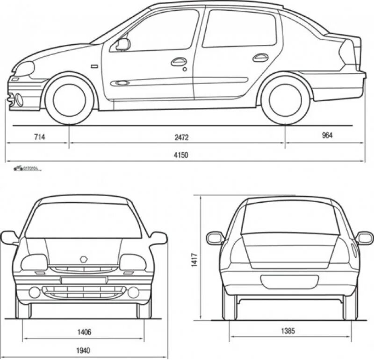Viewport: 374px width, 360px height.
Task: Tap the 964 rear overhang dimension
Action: pos(327,135)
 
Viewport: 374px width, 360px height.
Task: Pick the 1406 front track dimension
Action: pos(85,332)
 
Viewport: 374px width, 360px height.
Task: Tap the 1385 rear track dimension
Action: pos(288,332)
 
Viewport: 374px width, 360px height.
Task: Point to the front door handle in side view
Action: pos(179,61)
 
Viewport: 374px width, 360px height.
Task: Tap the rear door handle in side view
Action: pos(260,57)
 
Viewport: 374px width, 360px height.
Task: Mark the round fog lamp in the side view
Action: pos(20,99)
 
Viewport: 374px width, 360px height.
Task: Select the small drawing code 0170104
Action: pos(30,168)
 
